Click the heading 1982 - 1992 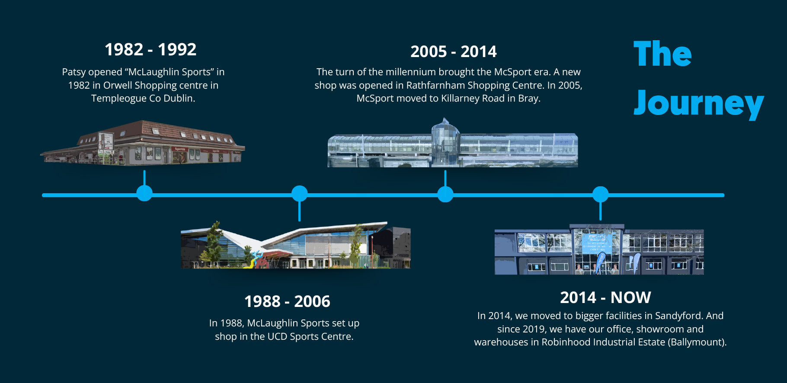click(150, 49)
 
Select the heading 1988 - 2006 click(287, 301)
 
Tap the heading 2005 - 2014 click(454, 51)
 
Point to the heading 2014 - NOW click(605, 297)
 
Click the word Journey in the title click(699, 103)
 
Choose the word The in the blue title click(662, 54)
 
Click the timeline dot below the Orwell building click(144, 193)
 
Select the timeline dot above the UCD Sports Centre click(299, 193)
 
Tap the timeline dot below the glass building click(445, 194)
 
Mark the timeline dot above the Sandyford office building click(600, 194)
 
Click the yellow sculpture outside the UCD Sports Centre click(253, 260)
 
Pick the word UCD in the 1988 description click(277, 336)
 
